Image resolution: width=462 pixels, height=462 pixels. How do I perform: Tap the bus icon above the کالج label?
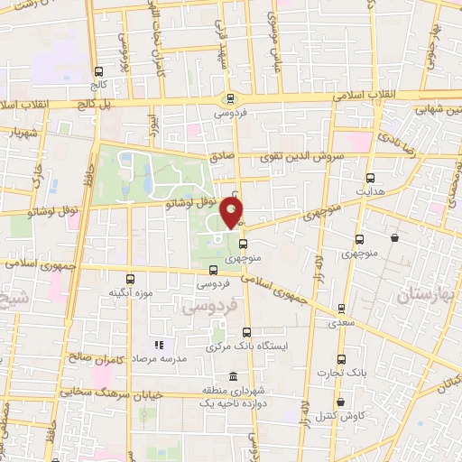point(99,71)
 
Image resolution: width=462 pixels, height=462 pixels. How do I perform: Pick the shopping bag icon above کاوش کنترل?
point(340,402)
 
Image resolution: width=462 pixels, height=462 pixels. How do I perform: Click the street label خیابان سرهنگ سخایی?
point(106,393)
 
